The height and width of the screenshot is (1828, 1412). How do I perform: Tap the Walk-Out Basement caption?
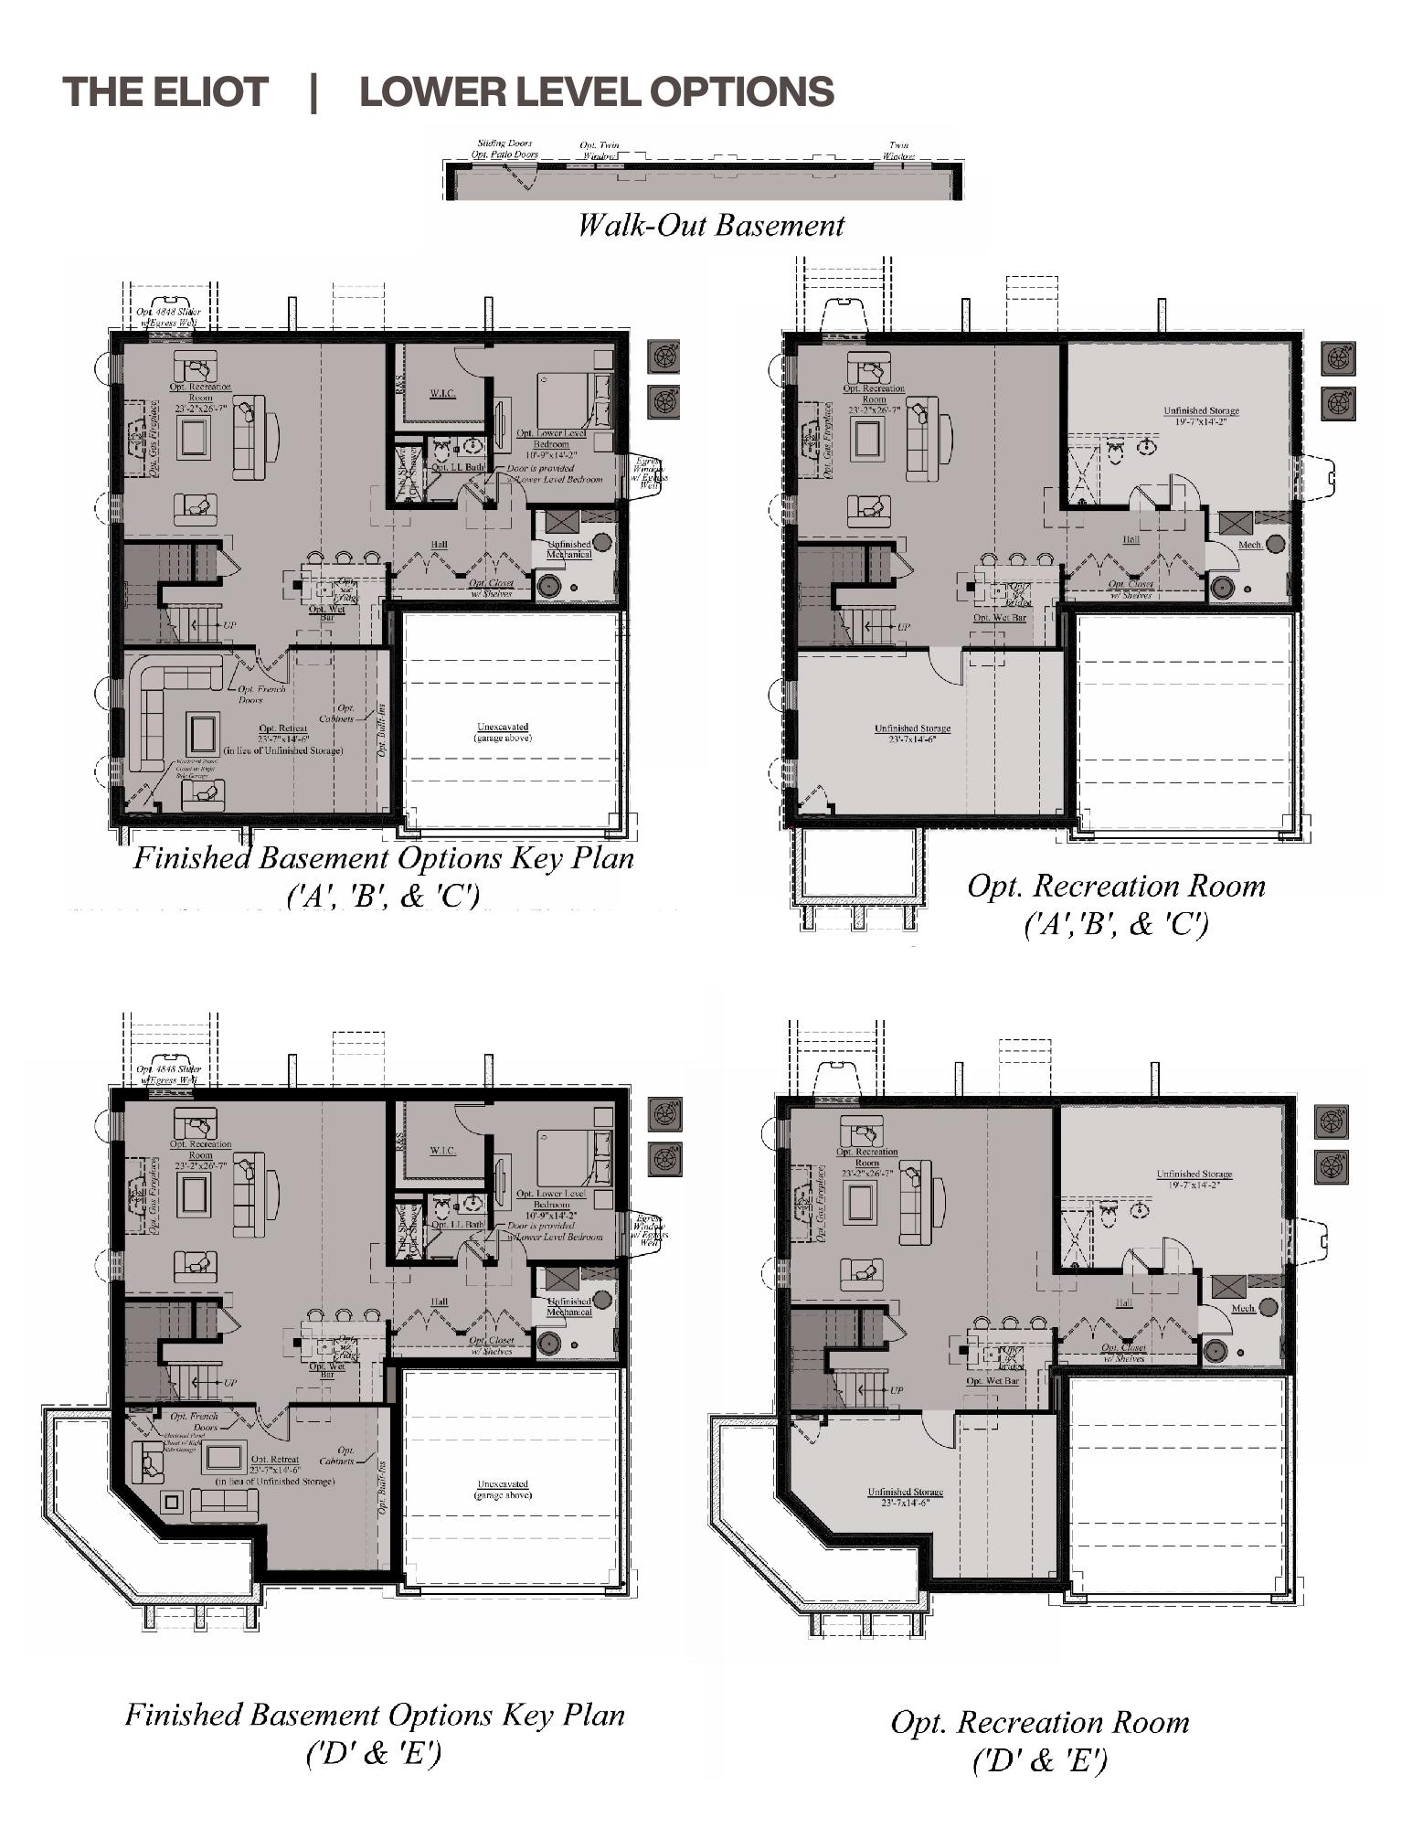click(710, 225)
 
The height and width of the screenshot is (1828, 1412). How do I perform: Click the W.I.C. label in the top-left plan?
click(442, 393)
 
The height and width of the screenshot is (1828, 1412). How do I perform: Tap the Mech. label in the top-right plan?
click(1249, 545)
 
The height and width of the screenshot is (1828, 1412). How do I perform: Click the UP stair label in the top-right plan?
click(903, 627)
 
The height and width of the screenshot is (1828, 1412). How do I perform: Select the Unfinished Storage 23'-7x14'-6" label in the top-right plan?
click(912, 732)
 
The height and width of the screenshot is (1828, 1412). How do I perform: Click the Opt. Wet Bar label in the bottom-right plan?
click(993, 1380)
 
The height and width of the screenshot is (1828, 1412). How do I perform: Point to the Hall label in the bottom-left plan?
click(440, 1302)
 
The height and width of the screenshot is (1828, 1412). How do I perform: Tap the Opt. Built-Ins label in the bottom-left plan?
click(382, 1488)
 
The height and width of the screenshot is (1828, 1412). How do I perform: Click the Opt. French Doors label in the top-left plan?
click(250, 694)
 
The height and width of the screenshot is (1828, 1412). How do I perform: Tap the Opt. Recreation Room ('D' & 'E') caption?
click(1040, 1740)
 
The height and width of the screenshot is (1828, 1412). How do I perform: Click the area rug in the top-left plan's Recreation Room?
click(194, 438)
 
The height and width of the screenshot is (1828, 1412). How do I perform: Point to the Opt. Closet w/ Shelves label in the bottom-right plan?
click(1122, 1353)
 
